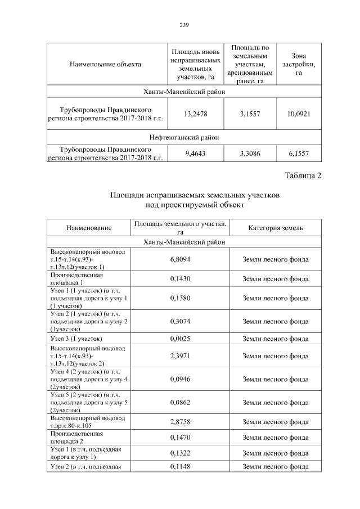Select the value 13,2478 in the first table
[196, 114]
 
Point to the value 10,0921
[299, 114]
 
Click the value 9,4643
[196, 154]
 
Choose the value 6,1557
[299, 154]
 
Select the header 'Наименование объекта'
[105, 64]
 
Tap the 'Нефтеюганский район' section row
[184, 137]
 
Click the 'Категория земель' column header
[276, 228]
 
